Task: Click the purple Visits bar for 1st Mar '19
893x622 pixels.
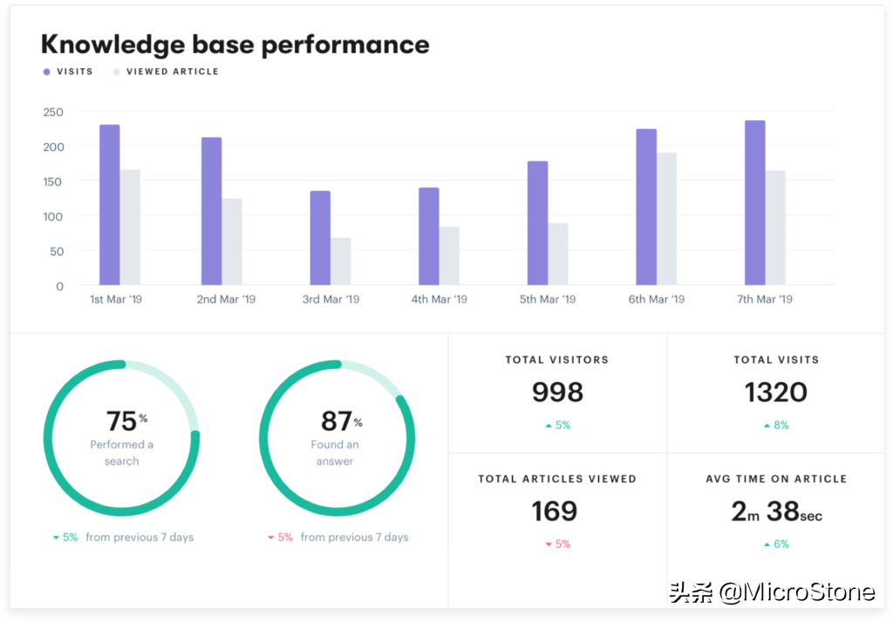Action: (x=109, y=205)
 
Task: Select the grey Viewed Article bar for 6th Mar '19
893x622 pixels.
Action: (x=666, y=219)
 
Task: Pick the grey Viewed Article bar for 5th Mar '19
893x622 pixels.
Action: (x=558, y=254)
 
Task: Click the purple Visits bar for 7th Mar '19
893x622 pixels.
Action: (x=754, y=202)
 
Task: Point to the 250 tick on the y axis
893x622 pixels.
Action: (x=53, y=112)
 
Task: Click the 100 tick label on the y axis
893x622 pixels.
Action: (x=53, y=215)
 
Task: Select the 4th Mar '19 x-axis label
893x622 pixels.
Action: (x=438, y=299)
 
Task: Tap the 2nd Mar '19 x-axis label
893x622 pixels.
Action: (x=226, y=299)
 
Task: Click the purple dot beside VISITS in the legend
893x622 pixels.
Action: (x=47, y=72)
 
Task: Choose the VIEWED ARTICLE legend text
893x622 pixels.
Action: (x=173, y=72)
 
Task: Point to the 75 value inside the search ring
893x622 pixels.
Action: (x=121, y=421)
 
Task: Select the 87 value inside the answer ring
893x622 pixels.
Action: (x=336, y=421)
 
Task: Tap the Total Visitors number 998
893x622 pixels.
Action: (x=557, y=393)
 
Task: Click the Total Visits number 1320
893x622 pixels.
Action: (x=776, y=393)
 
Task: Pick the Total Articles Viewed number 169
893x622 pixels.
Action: (x=555, y=511)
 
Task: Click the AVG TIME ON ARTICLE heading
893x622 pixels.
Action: (x=776, y=479)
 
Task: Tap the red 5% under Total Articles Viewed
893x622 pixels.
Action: (x=562, y=544)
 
